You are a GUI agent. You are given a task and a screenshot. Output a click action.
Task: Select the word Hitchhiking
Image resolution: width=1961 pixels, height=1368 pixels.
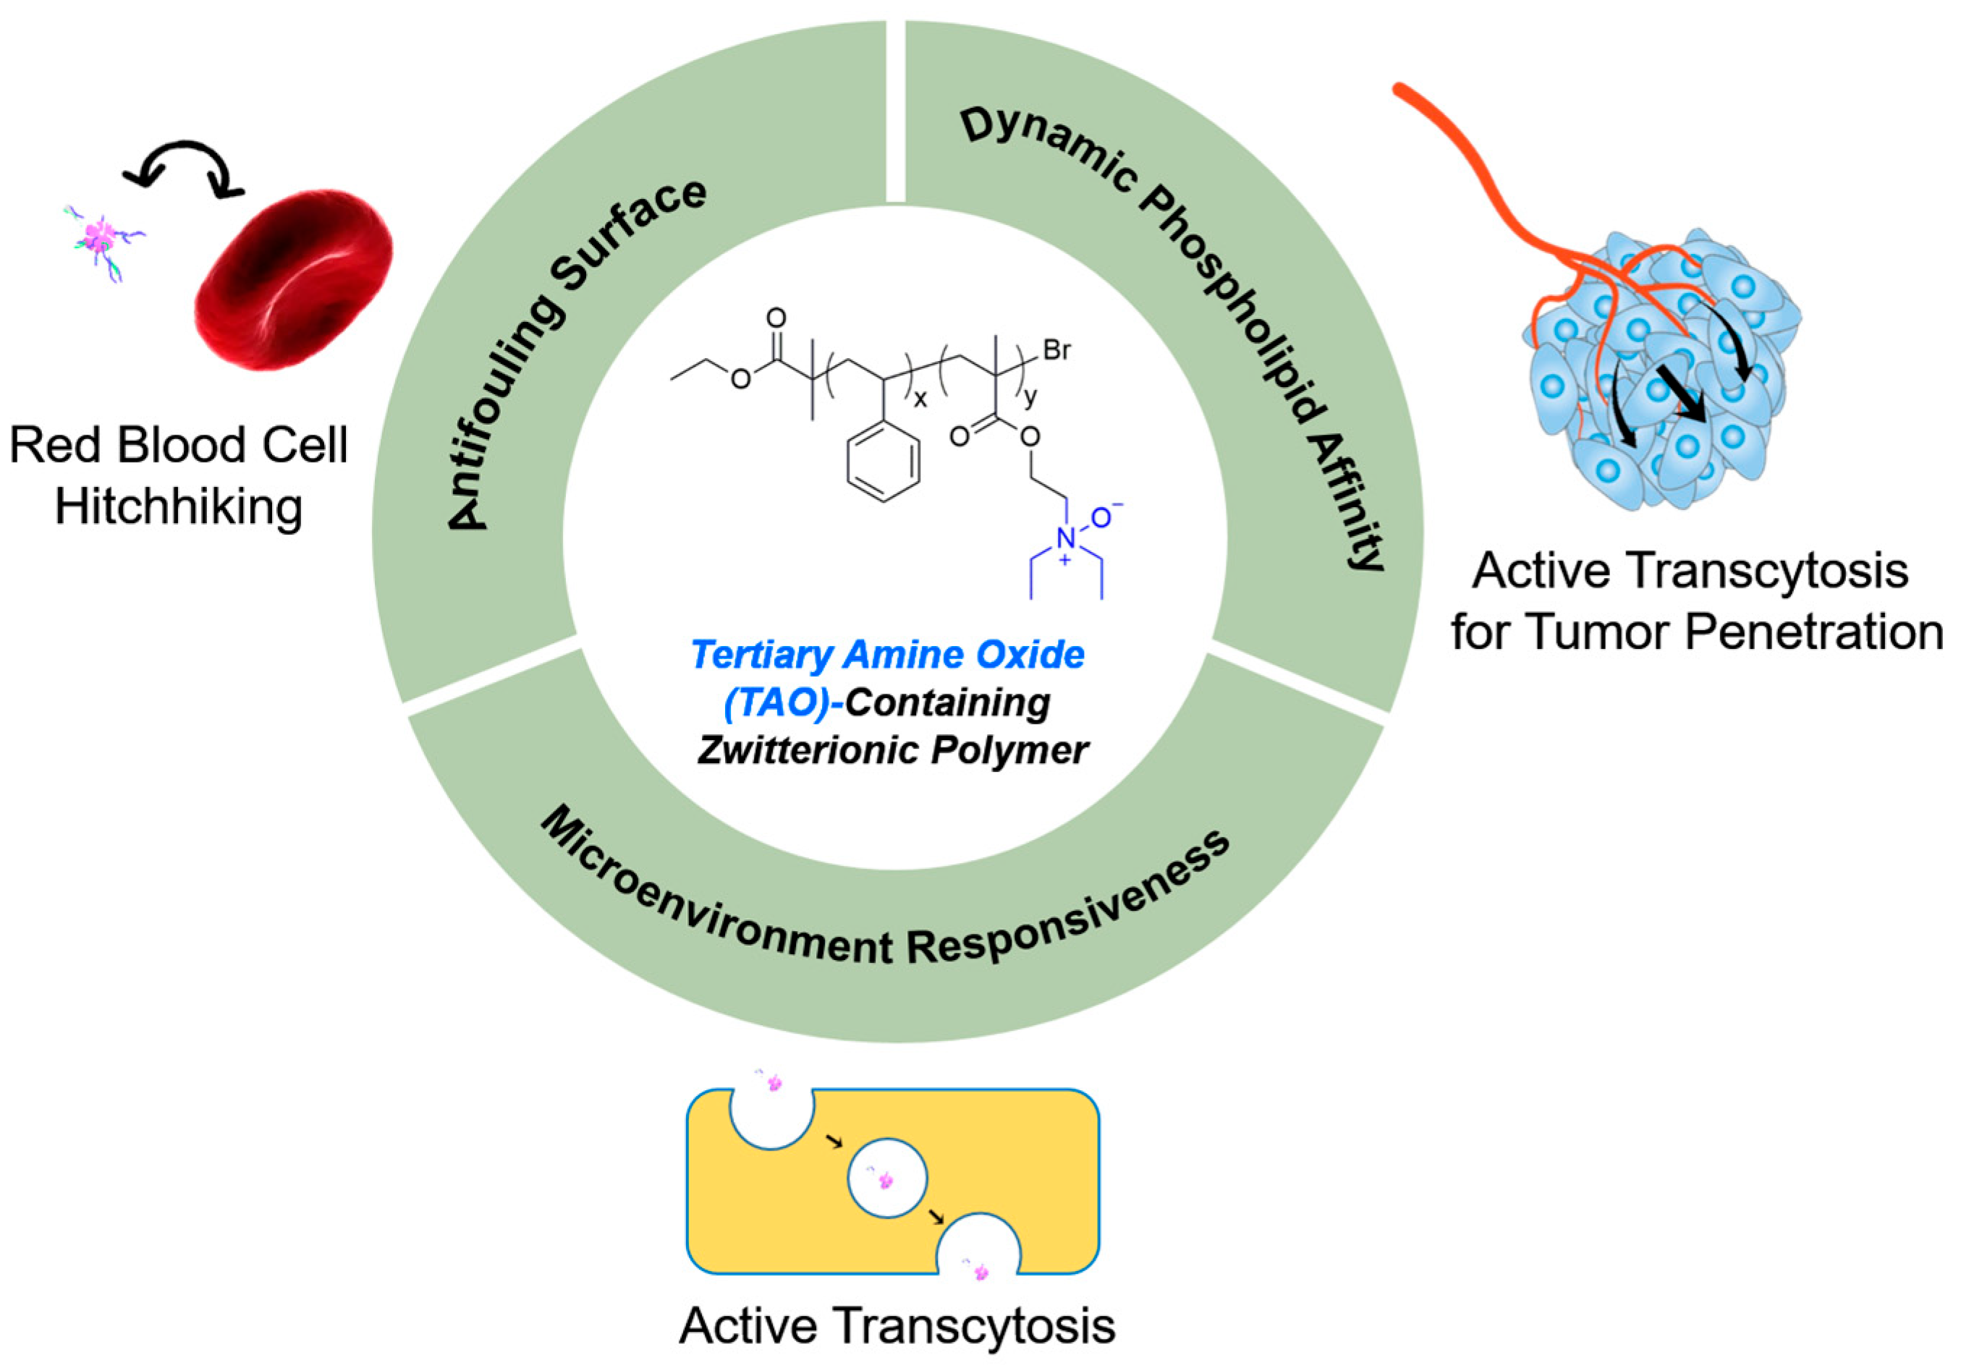point(179,506)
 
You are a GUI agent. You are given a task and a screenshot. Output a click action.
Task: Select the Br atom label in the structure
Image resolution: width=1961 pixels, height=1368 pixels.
point(1056,351)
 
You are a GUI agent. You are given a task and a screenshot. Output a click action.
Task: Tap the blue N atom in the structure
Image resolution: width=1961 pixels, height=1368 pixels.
point(1065,538)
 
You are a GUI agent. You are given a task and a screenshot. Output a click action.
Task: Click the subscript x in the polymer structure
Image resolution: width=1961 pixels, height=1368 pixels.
point(920,399)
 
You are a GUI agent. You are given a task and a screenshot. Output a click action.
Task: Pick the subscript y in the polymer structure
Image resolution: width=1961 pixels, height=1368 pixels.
point(1031,398)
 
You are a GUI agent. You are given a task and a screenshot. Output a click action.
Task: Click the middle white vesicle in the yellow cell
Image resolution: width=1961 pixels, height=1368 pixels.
point(886,1178)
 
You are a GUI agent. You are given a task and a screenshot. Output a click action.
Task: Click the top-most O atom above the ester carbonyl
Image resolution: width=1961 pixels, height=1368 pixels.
point(776,318)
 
